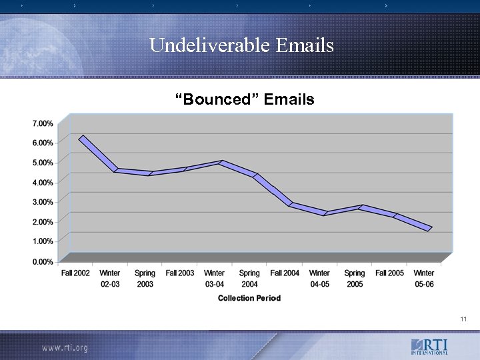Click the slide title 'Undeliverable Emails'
(241, 45)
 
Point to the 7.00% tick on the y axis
(42, 123)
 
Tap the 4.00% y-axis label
(42, 182)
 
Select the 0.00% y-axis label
(42, 262)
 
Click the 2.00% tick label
(42, 221)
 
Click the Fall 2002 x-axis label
(75, 273)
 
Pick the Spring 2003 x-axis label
(145, 279)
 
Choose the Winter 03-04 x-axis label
(214, 279)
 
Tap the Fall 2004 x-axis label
(285, 273)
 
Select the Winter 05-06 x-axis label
(424, 279)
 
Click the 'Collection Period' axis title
(249, 298)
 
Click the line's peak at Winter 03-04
(221, 162)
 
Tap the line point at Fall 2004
(291, 204)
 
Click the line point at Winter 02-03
(116, 171)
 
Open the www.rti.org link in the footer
(65, 348)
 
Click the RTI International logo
(429, 347)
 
